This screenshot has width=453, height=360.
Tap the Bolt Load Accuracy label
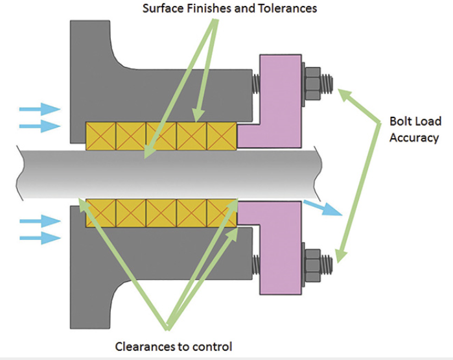click(414, 130)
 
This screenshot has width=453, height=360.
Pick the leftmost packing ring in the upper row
click(100, 136)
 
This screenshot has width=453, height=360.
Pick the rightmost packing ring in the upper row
click(222, 136)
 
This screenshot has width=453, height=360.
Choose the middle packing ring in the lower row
click(161, 211)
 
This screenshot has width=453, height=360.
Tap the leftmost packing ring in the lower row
click(100, 211)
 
